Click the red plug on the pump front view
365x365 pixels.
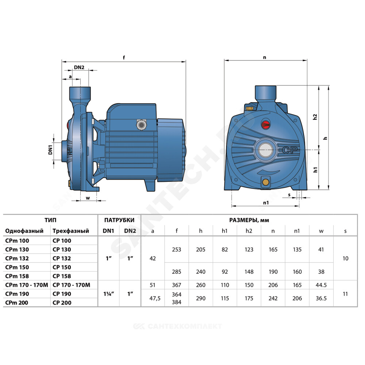[265, 124]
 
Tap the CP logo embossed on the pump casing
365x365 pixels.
[290, 150]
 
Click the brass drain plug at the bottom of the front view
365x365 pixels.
[265, 182]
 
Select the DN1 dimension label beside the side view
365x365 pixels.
[50, 150]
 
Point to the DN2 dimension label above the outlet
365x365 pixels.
[79, 68]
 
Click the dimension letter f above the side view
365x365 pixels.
[124, 57]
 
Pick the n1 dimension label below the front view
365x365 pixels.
[266, 203]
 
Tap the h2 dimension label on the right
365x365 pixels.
[315, 117]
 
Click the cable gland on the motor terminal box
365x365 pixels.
[141, 125]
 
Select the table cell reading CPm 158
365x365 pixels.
[17, 276]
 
